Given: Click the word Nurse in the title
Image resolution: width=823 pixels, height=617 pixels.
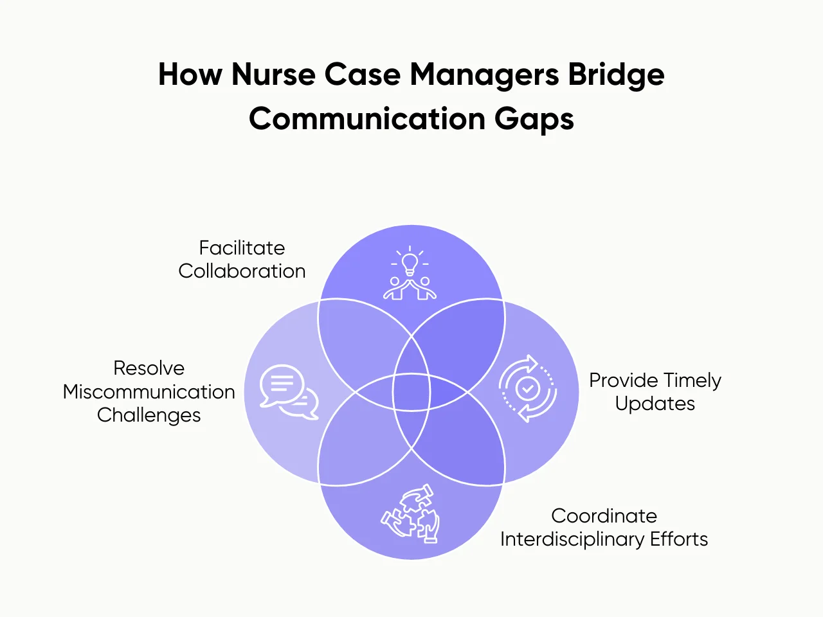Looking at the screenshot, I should (274, 75).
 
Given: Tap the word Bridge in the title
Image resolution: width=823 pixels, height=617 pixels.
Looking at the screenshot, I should (617, 75).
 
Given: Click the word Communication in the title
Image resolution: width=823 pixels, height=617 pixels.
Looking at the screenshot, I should (367, 119).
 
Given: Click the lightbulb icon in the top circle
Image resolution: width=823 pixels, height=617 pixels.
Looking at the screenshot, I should (410, 262).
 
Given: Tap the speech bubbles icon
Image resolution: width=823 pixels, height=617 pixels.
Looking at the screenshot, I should (289, 392).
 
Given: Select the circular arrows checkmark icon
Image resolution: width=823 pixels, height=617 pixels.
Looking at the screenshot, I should (528, 388).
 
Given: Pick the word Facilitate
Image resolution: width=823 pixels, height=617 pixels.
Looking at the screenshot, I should (242, 248).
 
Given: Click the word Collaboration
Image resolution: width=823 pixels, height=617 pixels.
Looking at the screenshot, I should (242, 271).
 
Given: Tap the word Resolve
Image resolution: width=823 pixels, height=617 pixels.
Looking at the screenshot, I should (149, 368).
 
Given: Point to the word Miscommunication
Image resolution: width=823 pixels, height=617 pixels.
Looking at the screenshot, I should (149, 391).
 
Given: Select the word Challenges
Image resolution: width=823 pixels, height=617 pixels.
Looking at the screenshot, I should (149, 415).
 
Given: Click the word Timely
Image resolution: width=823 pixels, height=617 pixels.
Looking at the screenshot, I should (691, 380).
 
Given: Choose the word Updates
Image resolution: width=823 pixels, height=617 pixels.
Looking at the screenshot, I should (655, 404).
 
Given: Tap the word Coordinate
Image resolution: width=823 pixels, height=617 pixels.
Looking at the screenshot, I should (604, 516).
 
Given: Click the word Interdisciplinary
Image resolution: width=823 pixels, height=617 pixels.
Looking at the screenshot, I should (572, 539).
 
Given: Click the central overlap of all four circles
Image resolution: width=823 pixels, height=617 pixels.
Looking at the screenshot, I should (411, 392).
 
